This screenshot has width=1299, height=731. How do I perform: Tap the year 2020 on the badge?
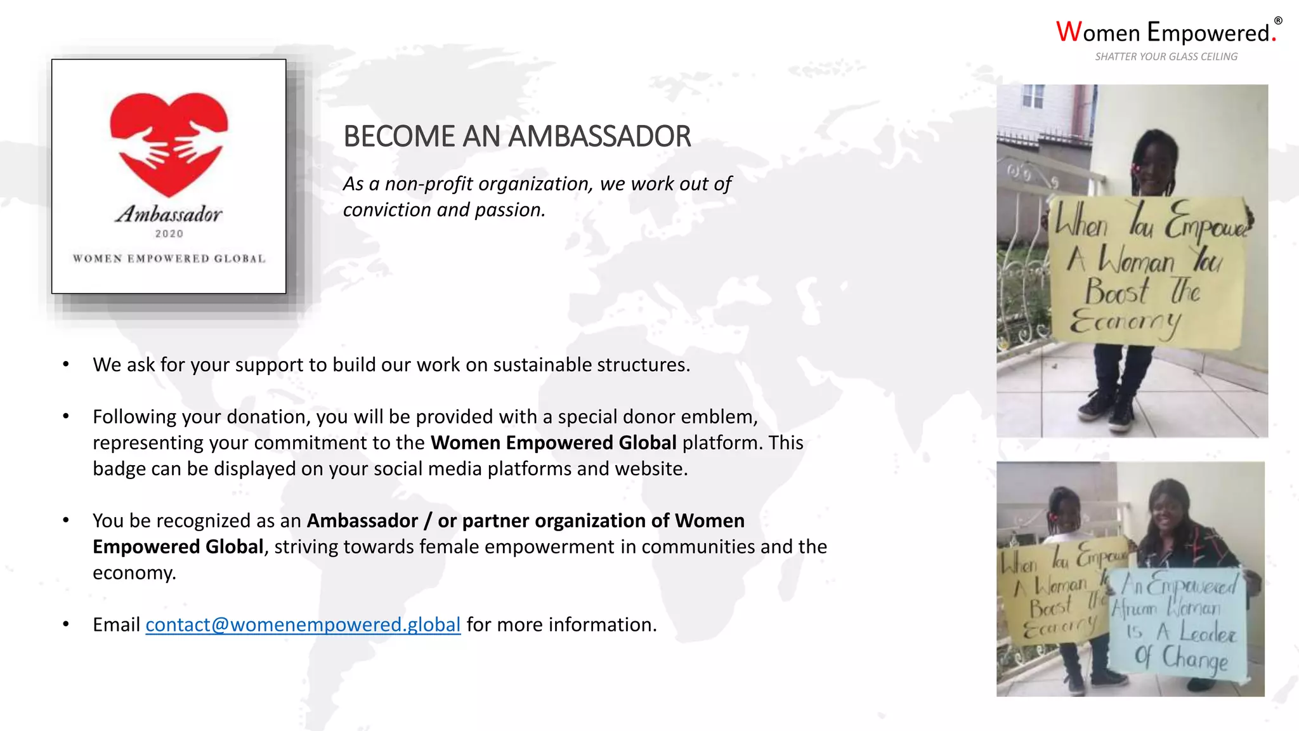tap(169, 234)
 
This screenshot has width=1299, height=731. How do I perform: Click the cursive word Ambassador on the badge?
tap(169, 214)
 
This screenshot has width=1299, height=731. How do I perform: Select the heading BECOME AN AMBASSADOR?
tap(517, 136)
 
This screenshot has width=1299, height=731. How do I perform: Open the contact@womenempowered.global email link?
tap(303, 625)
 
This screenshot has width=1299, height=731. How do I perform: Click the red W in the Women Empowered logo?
tap(1069, 32)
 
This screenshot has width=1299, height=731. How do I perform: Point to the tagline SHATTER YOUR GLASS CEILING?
tap(1166, 56)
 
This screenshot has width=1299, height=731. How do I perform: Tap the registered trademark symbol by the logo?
tap(1278, 21)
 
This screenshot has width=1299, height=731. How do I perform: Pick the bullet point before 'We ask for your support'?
tap(66, 364)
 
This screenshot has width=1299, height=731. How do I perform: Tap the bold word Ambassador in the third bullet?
tap(362, 521)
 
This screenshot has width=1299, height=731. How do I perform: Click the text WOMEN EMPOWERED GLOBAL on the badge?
tap(169, 259)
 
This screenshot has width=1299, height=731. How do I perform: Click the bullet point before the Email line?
tap(66, 624)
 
